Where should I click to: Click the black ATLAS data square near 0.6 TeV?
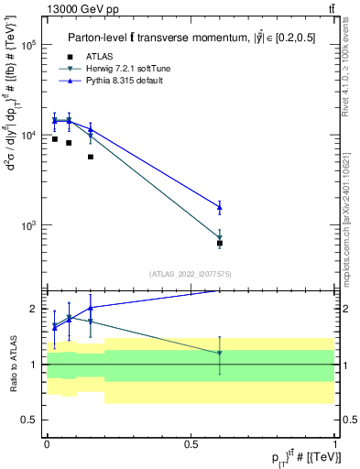point(220,244)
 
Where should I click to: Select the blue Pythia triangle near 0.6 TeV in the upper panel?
point(220,207)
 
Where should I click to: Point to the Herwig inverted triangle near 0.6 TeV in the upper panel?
point(220,238)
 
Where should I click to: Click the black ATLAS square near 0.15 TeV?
point(90,157)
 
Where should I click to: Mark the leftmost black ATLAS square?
point(54,139)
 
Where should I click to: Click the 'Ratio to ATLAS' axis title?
point(11,365)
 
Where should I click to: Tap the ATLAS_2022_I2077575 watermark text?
point(190,273)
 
